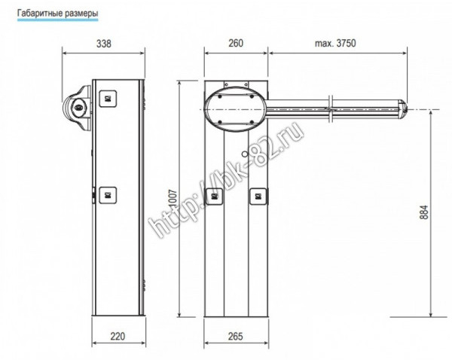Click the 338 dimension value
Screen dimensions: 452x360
click(103, 44)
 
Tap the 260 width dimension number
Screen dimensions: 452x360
click(236, 43)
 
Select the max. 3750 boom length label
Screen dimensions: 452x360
click(335, 43)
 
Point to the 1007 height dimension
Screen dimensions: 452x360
click(173, 199)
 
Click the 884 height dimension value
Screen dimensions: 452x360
click(424, 212)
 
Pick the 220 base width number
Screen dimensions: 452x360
click(118, 336)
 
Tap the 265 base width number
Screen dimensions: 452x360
click(236, 336)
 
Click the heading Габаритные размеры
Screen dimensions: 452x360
click(58, 14)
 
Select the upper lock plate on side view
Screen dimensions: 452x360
click(108, 99)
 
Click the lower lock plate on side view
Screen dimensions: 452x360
click(108, 195)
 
